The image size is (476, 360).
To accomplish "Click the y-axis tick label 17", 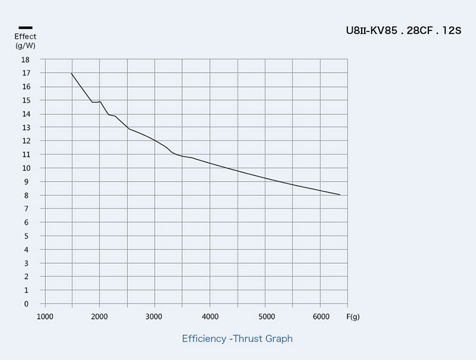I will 26,73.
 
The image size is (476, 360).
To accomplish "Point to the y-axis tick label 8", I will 27,195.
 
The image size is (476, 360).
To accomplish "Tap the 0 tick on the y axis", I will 27,303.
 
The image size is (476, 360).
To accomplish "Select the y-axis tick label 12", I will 26,141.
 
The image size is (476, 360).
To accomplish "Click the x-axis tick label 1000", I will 45,317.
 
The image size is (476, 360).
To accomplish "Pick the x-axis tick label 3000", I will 155,317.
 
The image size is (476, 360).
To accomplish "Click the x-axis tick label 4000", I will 210,317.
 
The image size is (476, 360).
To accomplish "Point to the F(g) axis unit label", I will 353,317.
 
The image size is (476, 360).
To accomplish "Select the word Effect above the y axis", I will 26,36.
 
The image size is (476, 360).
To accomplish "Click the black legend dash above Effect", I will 26,27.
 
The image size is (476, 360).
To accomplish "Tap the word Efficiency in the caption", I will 204,339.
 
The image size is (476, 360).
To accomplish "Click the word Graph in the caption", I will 278,339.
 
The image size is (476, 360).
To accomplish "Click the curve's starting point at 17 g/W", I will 71,73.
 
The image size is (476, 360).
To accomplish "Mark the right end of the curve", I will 340,195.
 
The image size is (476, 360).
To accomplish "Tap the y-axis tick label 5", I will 27,236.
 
